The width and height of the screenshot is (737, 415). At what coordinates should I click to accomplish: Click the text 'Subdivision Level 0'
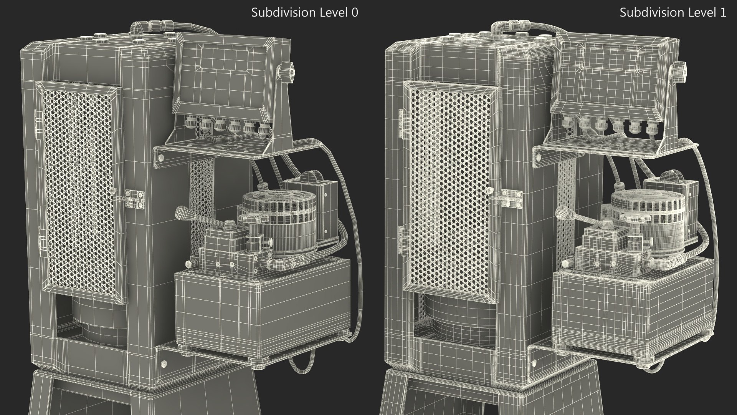304,13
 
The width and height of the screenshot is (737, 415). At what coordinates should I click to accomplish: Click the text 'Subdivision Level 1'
673,13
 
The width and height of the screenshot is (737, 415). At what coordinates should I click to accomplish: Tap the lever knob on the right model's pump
562,212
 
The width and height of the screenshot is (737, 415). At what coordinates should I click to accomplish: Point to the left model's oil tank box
261,304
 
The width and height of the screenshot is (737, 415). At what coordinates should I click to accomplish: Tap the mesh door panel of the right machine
449,192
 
